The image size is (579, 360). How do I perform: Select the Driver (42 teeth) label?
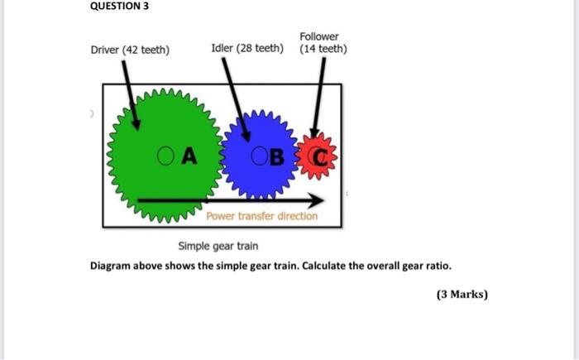click(x=130, y=50)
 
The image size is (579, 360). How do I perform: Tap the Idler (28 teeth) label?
click(x=246, y=49)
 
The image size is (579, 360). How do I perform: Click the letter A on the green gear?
click(x=189, y=155)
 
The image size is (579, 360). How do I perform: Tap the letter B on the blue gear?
click(x=276, y=156)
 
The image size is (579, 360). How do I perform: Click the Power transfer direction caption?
click(x=261, y=216)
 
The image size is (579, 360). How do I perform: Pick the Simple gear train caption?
click(x=218, y=246)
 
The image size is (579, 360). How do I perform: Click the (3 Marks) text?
click(x=462, y=294)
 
